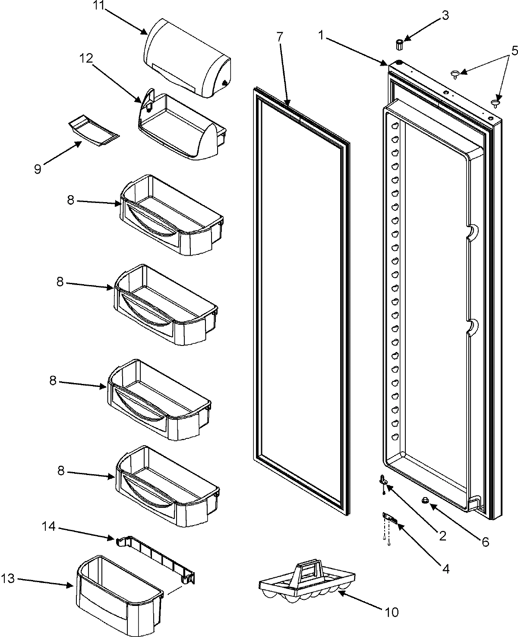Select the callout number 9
coord(38,169)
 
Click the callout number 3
coord(445,16)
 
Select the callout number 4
coord(445,569)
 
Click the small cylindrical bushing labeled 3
coord(399,44)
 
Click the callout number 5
coord(513,51)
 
